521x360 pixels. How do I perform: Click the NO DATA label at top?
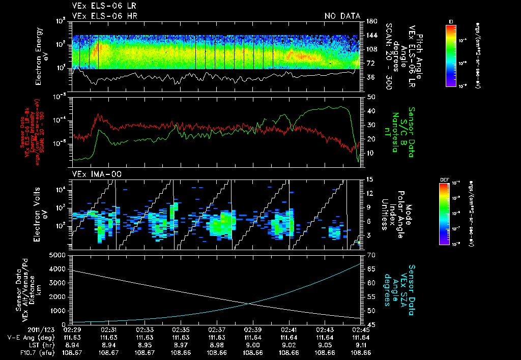tap(342, 16)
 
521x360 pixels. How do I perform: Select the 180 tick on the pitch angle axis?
tap(371, 21)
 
